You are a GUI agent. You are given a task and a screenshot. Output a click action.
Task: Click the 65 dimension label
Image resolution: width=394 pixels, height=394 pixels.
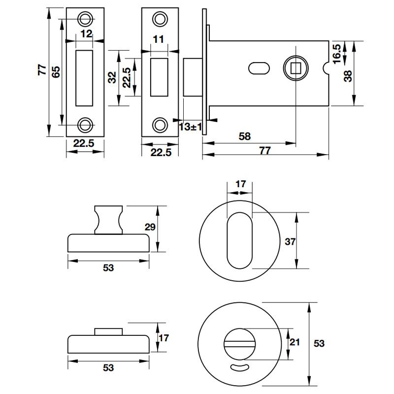(56, 72)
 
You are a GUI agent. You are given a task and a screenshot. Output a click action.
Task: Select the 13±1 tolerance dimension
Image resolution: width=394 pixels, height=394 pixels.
(191, 127)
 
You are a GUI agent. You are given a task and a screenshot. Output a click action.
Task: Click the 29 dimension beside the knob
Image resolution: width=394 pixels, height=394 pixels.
(150, 227)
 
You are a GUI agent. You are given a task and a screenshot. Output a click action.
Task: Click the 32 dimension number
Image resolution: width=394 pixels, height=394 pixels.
(112, 77)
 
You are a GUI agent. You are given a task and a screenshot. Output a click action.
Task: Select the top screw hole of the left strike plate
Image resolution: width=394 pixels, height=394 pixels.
(86, 19)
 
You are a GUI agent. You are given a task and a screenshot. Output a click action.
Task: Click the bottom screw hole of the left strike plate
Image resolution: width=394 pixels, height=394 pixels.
(86, 125)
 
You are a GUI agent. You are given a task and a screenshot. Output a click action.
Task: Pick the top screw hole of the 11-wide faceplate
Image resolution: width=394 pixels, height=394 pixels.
(160, 19)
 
